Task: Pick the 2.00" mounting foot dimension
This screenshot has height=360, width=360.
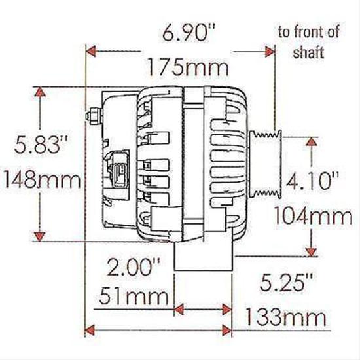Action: point(134,266)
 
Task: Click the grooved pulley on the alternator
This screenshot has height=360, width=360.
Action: point(266,164)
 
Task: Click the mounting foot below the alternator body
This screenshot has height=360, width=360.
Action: point(203,259)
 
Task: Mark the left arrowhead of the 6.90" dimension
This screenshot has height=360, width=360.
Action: point(92,50)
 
